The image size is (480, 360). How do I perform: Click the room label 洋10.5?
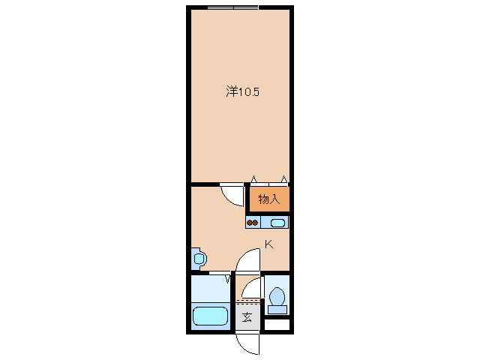pos(243,91)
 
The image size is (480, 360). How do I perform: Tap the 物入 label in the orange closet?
pos(268,199)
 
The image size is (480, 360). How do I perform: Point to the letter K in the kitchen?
pos(268,244)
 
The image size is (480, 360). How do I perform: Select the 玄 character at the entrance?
pos(247,316)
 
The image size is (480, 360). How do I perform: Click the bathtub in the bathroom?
pos(210,316)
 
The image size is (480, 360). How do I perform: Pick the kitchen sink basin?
pos(277,222)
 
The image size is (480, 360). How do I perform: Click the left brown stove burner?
pos(250,222)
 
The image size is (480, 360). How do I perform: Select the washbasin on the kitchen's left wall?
pos(199,259)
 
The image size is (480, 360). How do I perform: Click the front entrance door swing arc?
pos(246,342)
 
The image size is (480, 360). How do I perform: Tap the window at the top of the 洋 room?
pos(232,7)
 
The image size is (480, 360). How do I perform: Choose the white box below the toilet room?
pos(277,325)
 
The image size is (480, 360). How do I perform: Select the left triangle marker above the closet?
pos(253,178)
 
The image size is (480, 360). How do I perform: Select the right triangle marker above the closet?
pos(283,178)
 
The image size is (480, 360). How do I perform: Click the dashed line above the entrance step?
pos(248,301)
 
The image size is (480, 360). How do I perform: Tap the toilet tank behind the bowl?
pos(276,307)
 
